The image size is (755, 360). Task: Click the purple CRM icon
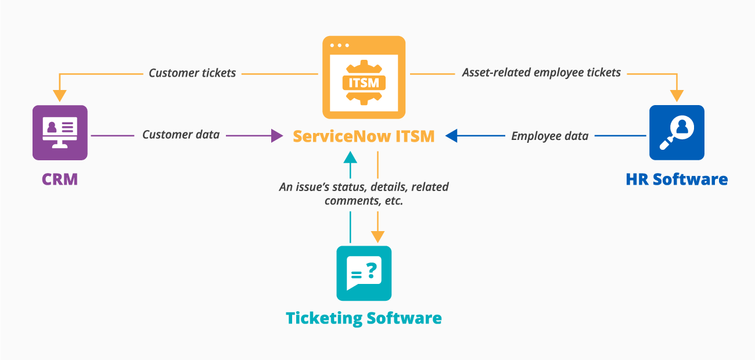60,132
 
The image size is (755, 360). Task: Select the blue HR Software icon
677,132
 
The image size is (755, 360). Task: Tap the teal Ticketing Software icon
364,273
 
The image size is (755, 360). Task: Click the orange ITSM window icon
364,77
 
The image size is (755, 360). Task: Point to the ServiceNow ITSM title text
364,136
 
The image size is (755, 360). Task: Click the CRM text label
60,179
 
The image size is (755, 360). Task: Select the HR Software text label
677,179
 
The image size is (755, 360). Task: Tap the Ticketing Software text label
364,318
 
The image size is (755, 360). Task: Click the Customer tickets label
192,73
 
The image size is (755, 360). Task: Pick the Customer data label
181,135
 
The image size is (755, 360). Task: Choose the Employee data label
549,136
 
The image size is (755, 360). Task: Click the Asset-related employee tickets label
541,73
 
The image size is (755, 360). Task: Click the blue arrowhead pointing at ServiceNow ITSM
452,136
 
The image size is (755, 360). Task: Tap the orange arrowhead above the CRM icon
60,95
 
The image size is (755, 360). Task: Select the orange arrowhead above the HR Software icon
677,95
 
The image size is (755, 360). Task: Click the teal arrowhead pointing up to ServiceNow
350,157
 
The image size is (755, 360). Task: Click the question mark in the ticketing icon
371,269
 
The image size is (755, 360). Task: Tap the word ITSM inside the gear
364,82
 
